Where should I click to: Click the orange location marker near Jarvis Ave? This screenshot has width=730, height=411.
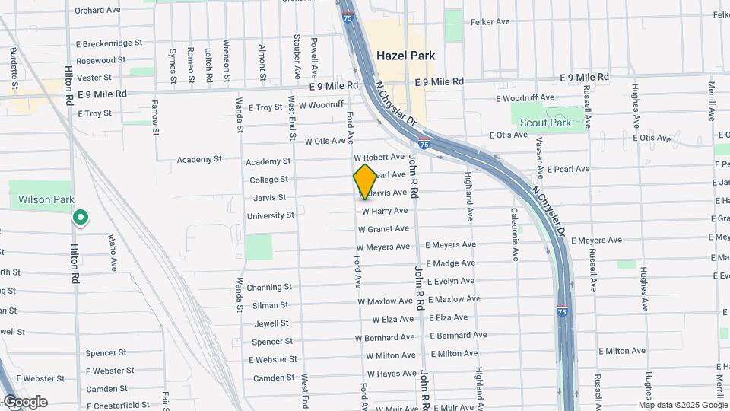pos(365,182)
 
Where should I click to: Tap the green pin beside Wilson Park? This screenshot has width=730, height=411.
pos(80,218)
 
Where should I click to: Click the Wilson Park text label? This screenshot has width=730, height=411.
pos(46,199)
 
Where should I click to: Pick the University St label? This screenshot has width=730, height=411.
pos(270,215)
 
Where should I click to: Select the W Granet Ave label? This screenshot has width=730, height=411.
pos(383,228)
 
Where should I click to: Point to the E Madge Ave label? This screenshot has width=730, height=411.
pos(451,263)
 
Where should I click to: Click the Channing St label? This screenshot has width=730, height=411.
pos(269,287)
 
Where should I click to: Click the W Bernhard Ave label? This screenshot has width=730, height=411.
pos(384,337)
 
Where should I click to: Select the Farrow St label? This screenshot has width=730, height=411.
pos(155,117)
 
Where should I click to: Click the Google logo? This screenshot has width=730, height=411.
pos(24,402)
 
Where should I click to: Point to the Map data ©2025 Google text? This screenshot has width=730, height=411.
pos(687,404)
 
